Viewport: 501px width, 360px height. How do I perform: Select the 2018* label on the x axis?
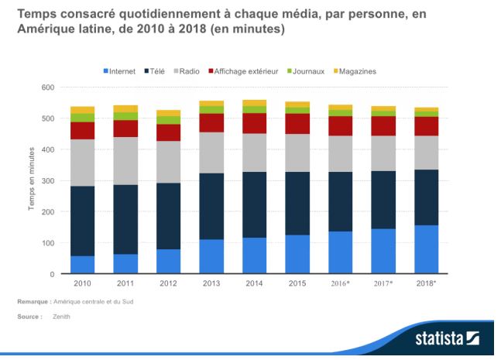click(x=426, y=284)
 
